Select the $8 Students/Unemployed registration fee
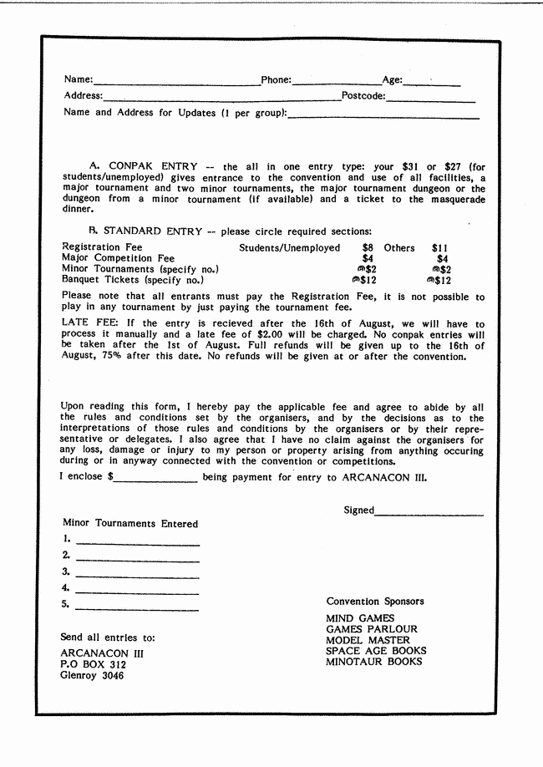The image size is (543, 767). (x=368, y=248)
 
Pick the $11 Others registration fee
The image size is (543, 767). (x=440, y=248)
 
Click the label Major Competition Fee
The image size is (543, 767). (x=118, y=259)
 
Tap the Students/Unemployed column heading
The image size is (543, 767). (x=290, y=248)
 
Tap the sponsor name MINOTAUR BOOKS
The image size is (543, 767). (x=373, y=662)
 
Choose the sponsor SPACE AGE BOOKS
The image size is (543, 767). (x=376, y=651)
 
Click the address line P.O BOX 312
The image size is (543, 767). (x=94, y=665)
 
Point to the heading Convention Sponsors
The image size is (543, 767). (x=375, y=602)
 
